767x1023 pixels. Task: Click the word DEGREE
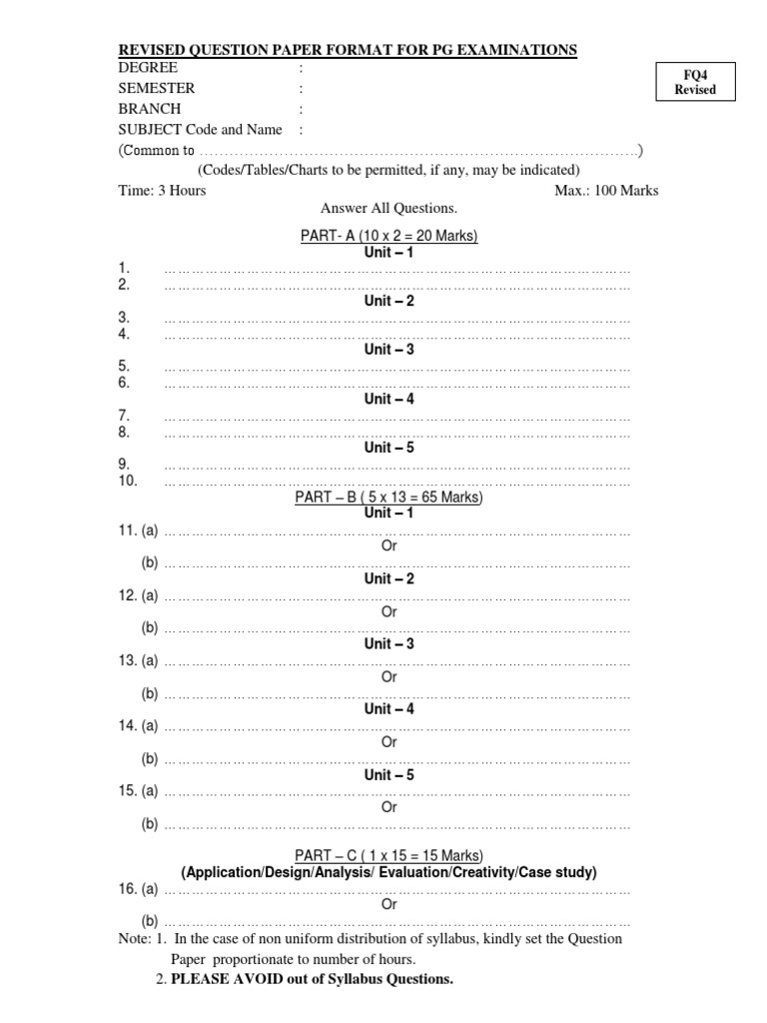click(x=149, y=68)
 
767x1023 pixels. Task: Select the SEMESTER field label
click(x=157, y=88)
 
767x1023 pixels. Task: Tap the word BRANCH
click(x=150, y=109)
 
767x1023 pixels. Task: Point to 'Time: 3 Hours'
click(x=162, y=190)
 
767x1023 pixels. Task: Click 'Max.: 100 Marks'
click(x=606, y=190)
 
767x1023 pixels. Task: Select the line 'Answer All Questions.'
click(x=388, y=209)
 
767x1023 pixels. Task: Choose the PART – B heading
click(x=388, y=497)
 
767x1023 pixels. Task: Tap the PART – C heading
click(x=388, y=856)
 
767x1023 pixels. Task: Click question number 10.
click(x=127, y=481)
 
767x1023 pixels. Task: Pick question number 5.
click(x=124, y=366)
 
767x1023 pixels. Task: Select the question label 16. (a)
click(x=138, y=888)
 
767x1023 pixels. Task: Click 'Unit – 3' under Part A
click(x=389, y=350)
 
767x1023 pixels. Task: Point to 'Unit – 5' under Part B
click(x=389, y=774)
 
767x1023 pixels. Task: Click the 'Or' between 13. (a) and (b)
click(x=389, y=676)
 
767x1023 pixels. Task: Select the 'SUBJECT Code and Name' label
click(x=200, y=130)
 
